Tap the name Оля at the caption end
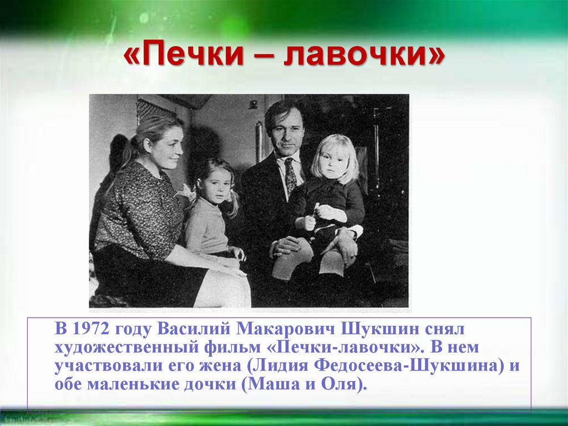click(x=343, y=385)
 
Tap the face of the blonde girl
click(x=333, y=162)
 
